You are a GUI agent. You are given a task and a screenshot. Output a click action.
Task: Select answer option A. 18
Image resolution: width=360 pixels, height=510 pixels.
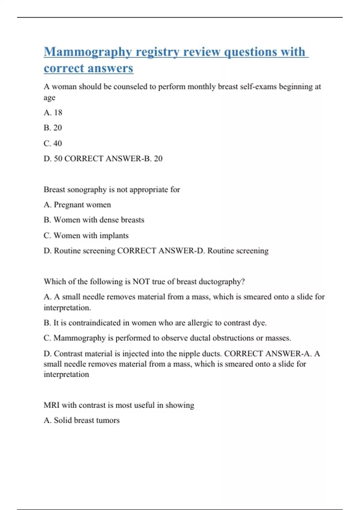click(53, 112)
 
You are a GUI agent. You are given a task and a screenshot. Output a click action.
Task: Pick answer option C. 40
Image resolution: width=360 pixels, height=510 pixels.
click(53, 143)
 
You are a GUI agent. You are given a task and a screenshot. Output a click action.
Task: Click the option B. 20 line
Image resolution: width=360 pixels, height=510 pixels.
click(53, 128)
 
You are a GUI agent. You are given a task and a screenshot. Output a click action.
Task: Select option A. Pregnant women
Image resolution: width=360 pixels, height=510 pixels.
click(77, 205)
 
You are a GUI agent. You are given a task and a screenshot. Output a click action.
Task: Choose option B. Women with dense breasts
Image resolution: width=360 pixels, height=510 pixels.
click(94, 220)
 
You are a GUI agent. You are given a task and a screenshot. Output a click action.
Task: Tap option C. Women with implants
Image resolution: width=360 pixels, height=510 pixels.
click(86, 235)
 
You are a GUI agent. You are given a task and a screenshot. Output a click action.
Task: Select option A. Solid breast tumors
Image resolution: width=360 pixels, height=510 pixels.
click(81, 420)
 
